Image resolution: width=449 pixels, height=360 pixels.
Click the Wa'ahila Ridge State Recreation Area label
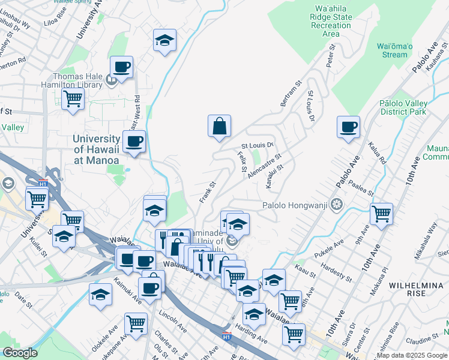click(x=331, y=21)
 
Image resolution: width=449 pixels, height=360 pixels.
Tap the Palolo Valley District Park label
click(x=403, y=107)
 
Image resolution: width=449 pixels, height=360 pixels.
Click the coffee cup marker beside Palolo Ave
click(x=348, y=128)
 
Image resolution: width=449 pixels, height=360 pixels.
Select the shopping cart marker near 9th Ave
click(x=381, y=213)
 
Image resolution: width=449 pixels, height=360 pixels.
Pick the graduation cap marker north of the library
click(x=164, y=41)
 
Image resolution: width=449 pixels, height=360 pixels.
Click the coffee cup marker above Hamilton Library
click(x=121, y=67)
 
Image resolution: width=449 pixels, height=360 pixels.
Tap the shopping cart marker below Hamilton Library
click(x=73, y=98)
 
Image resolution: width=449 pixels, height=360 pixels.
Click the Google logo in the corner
click(x=20, y=353)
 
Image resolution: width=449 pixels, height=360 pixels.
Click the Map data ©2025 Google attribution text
click(x=412, y=355)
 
